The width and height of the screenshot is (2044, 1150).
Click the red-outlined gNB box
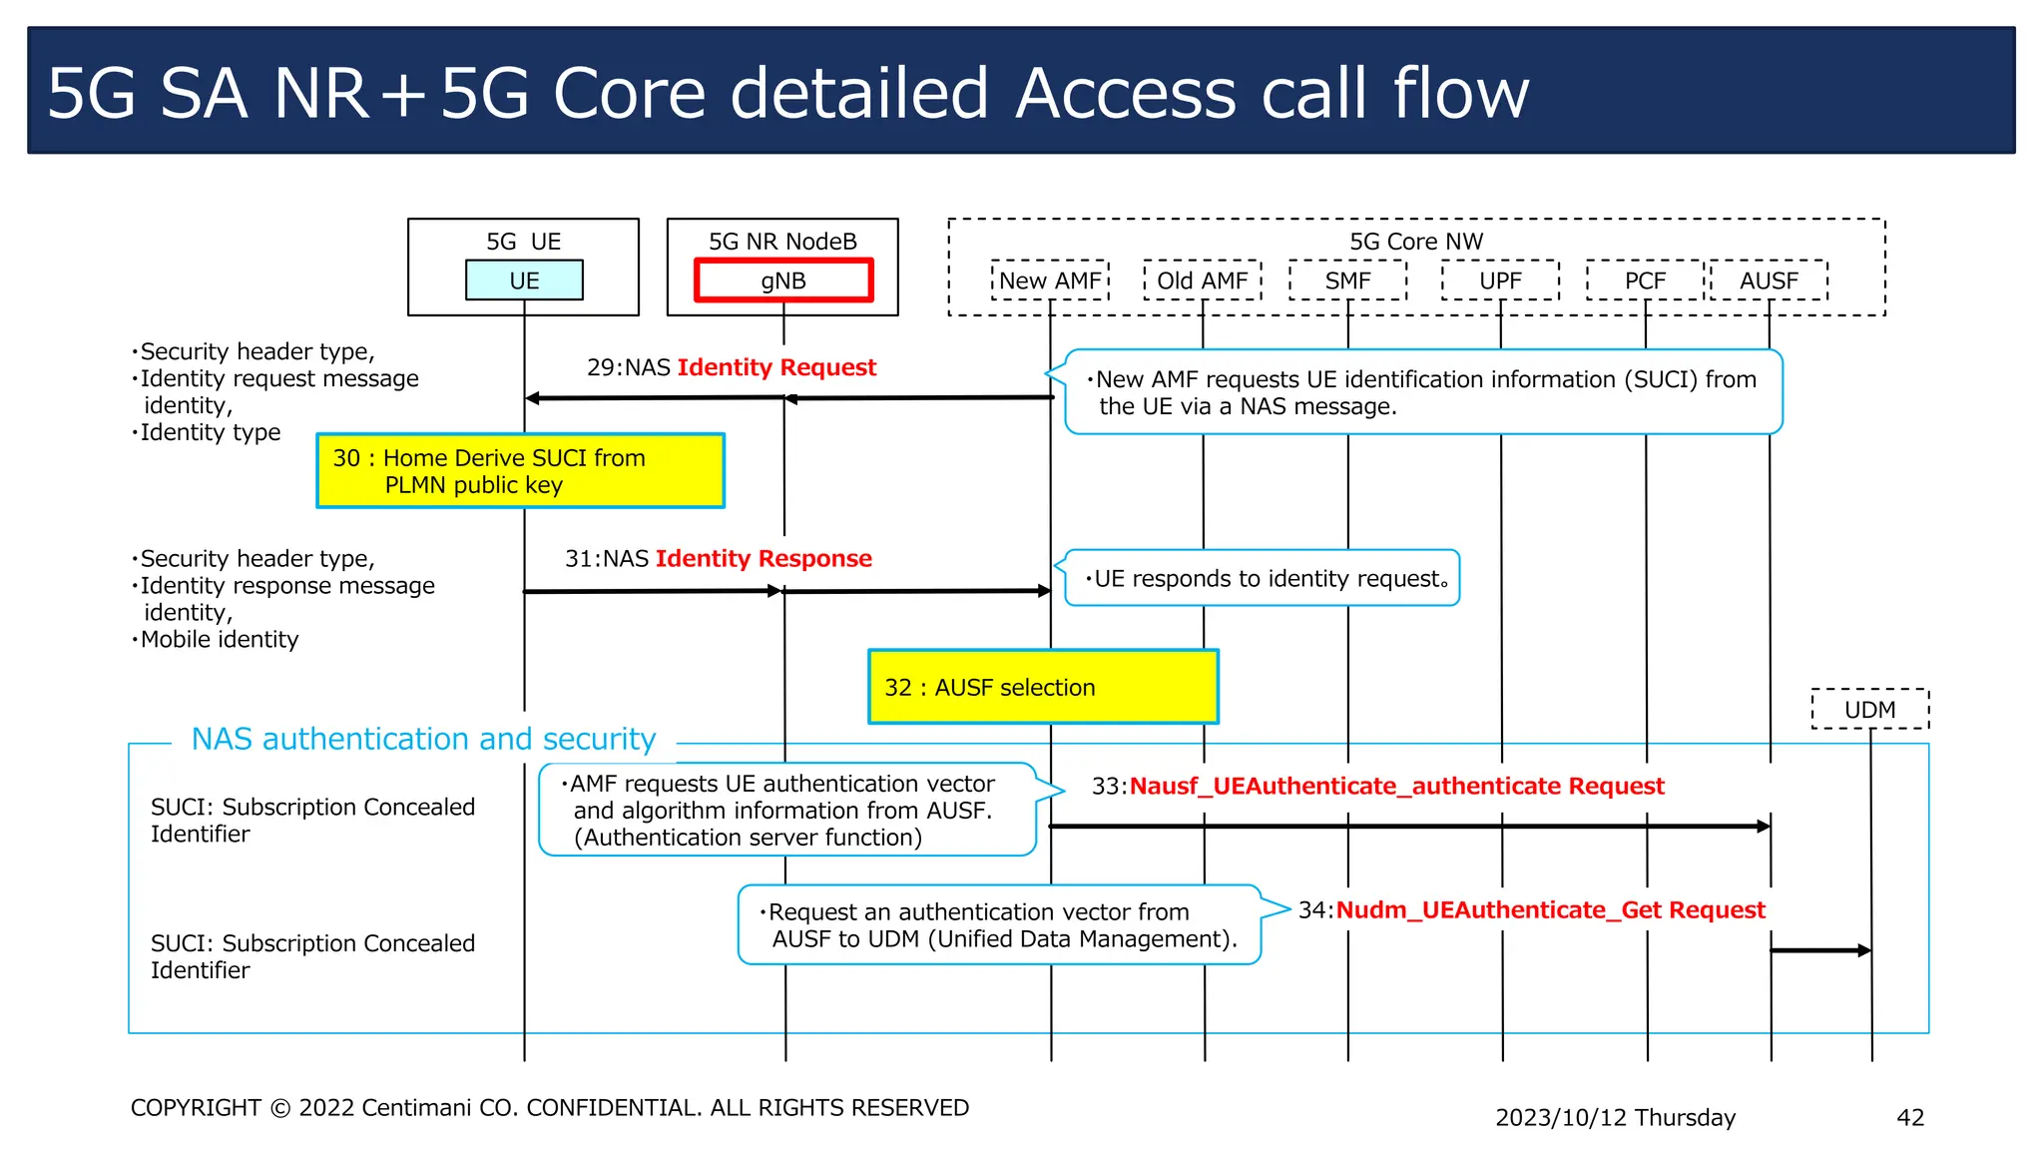(x=783, y=281)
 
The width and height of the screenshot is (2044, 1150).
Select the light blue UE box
(x=524, y=281)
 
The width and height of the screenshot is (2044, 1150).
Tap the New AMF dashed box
(x=1050, y=281)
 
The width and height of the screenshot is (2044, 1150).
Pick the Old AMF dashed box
(x=1203, y=281)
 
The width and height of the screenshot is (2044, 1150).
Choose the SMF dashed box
(x=1347, y=281)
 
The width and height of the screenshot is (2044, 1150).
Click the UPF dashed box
(x=1500, y=281)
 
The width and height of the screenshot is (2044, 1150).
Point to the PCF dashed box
(x=1645, y=281)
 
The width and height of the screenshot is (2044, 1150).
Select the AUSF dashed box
(x=1769, y=281)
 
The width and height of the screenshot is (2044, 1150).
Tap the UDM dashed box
(x=1869, y=710)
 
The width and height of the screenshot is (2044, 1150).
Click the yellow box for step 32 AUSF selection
(x=1043, y=687)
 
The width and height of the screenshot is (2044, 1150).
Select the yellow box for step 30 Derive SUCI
(x=520, y=471)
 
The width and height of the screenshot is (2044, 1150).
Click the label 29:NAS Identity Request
(x=731, y=367)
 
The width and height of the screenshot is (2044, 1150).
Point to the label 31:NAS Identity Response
(x=718, y=558)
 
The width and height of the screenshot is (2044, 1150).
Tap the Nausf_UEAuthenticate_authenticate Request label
(x=1377, y=786)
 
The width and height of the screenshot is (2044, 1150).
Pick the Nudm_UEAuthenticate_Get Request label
(x=1531, y=909)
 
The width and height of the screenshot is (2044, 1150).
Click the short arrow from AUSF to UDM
(x=1819, y=950)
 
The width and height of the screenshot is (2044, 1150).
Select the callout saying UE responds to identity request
(x=1263, y=578)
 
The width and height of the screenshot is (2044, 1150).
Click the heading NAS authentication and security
(x=423, y=739)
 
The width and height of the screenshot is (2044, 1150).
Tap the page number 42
(x=1909, y=1117)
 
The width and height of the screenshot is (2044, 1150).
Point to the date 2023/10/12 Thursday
(x=1615, y=1117)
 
